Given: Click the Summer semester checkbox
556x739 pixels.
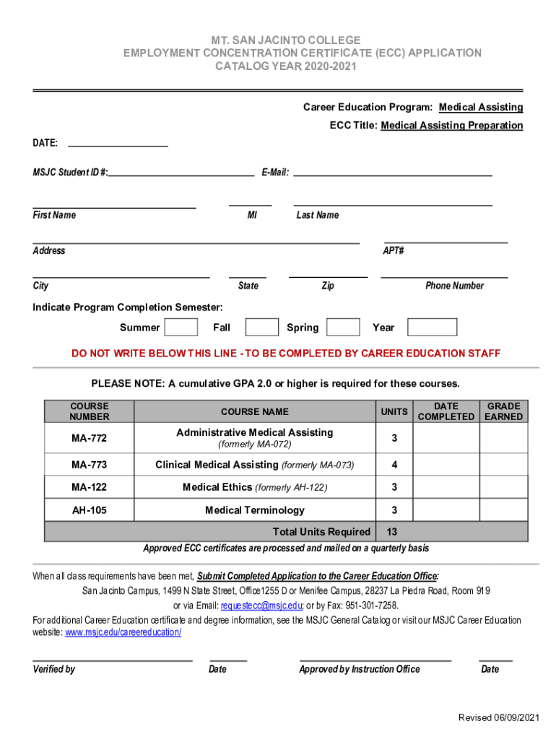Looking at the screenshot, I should [x=181, y=328].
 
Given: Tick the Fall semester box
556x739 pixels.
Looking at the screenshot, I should [x=261, y=328].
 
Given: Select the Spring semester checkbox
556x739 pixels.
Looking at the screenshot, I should [x=343, y=328].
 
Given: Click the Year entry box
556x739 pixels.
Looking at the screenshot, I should [x=432, y=328].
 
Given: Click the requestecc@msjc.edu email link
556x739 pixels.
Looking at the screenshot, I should [x=261, y=605].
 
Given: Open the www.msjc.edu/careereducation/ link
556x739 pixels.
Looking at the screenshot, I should [x=123, y=632].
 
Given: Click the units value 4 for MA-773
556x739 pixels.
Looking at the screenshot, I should [x=394, y=464].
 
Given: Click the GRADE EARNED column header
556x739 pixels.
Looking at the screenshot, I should [x=503, y=411].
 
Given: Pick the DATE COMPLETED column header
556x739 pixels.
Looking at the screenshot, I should [x=446, y=411].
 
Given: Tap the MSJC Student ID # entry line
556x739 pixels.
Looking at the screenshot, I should [x=181, y=173].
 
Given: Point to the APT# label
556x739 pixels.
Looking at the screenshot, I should [x=393, y=251].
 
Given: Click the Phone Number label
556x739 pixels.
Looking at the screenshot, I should [x=454, y=286].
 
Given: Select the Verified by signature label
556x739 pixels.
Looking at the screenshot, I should [x=54, y=669].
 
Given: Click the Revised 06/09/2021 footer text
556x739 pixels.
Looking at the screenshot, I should [x=499, y=717].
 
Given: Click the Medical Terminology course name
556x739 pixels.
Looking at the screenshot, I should [x=255, y=510].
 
